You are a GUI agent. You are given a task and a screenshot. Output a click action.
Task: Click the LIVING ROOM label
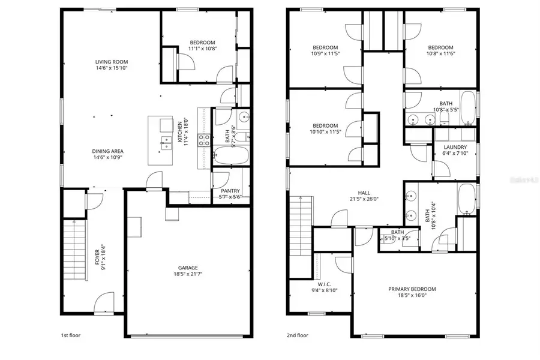click(x=112, y=62)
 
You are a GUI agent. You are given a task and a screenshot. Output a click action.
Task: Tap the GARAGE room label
click(x=188, y=268)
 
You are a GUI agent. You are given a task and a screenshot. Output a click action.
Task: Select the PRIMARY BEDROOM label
click(x=412, y=289)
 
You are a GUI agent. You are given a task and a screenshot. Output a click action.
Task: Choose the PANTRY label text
click(x=226, y=191)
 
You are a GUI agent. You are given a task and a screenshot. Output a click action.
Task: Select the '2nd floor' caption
click(x=297, y=335)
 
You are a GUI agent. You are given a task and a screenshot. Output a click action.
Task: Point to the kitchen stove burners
click(x=204, y=140)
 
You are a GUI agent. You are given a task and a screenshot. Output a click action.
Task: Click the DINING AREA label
click(x=108, y=151)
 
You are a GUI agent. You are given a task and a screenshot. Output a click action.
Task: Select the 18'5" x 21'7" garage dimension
click(x=188, y=275)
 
